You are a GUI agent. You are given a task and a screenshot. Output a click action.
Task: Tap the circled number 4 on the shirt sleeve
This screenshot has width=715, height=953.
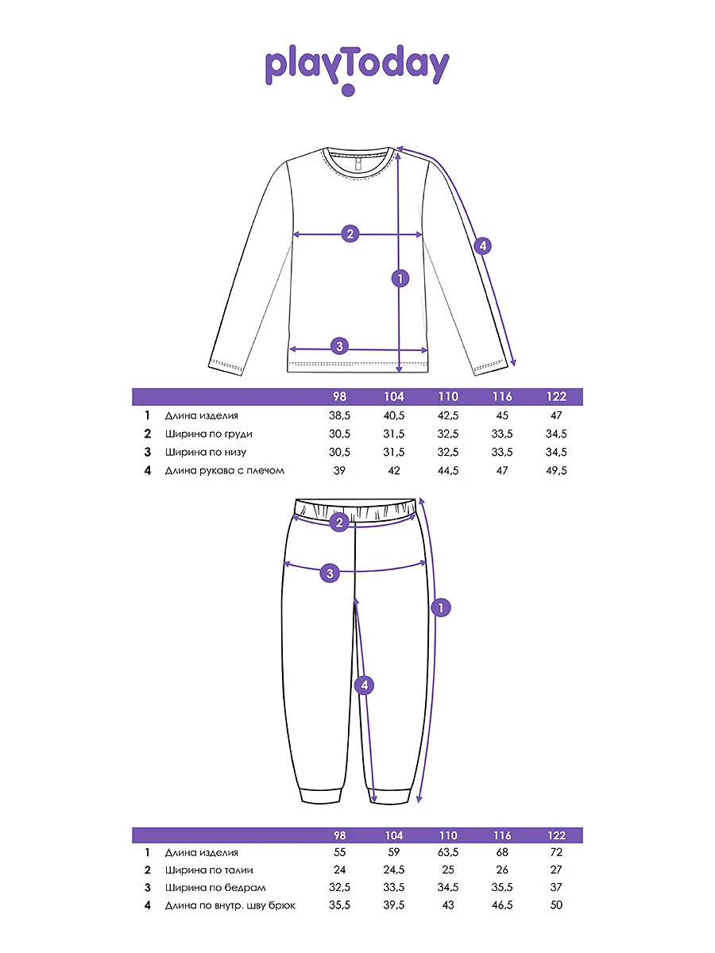pos(482,245)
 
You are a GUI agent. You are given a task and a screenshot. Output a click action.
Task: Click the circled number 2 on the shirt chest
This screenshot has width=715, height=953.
pos(350,233)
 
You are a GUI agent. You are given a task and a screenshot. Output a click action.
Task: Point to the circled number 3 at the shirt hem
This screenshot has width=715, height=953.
pos(339,346)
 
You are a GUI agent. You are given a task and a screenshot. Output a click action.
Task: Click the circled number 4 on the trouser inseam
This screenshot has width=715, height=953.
pos(364,685)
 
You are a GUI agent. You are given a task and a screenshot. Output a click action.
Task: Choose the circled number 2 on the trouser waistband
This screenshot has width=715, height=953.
pos(339,522)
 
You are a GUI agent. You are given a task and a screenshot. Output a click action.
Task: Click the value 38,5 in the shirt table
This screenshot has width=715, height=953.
pos(340,415)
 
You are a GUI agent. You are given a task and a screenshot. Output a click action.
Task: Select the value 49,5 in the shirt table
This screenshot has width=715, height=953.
pos(556,470)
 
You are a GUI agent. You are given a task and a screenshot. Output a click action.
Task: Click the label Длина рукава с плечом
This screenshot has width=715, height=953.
pos(225,470)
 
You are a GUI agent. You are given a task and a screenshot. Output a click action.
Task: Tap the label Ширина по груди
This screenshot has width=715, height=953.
pos(209,434)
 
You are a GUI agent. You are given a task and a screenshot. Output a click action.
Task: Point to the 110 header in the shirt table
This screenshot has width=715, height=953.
pos(448,397)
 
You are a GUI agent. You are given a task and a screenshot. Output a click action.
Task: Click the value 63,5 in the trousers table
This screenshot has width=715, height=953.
pos(448,852)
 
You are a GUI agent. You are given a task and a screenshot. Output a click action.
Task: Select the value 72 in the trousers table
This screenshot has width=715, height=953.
pos(556,852)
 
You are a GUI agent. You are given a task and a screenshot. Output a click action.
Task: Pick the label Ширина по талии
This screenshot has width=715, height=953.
pos(208,870)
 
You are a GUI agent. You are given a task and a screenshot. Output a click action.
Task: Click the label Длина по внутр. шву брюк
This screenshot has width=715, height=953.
pos(230,906)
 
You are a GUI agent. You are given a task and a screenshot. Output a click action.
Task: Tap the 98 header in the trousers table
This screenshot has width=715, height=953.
pos(340,835)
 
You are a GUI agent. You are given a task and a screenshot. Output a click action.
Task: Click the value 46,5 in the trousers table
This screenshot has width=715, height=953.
pos(502,906)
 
